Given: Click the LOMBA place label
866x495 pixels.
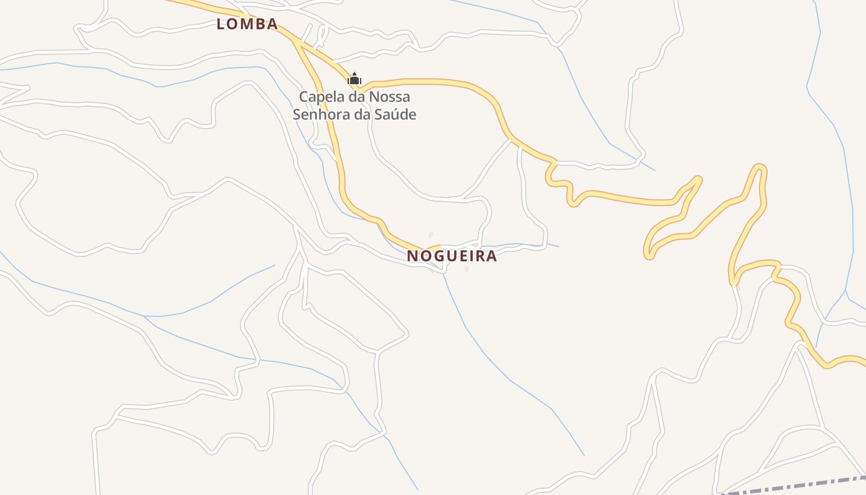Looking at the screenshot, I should tap(247, 24).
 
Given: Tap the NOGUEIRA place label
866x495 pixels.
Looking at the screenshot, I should tap(452, 256).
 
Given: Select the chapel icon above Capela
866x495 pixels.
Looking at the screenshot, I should tap(354, 79).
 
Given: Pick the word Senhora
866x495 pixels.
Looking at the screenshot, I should tap(317, 114).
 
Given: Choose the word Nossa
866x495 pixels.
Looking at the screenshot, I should tap(390, 97).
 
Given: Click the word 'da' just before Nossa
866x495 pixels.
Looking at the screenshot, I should tap(355, 97).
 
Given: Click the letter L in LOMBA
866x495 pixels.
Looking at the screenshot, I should tap(220, 24).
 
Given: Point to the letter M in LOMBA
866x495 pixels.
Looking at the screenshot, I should tap(246, 24).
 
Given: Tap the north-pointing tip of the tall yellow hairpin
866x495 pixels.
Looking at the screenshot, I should tap(760, 167).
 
